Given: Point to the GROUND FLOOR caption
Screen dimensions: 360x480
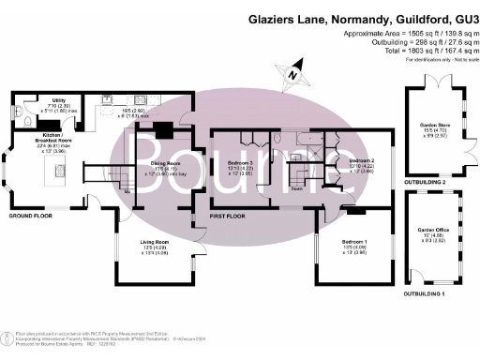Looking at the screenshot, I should tap(31, 215).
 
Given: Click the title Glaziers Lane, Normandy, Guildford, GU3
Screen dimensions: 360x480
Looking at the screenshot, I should tap(357, 18).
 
